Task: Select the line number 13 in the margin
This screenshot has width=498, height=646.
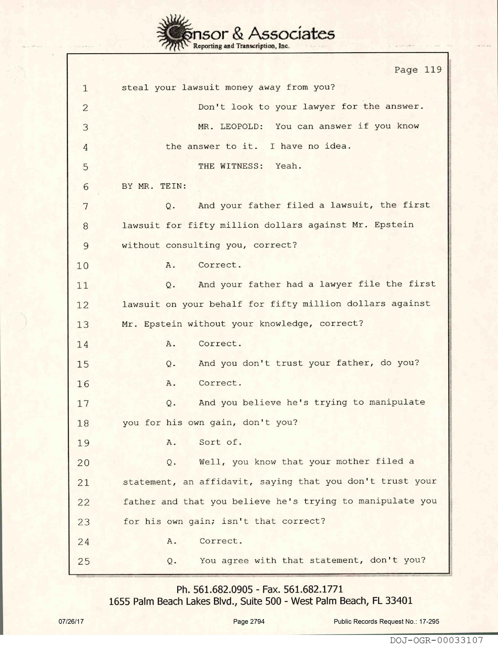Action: point(83,325)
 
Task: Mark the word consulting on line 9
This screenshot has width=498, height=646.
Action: point(193,245)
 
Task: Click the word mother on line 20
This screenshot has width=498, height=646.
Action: point(352,462)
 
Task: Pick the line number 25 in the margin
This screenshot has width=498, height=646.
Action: point(84,561)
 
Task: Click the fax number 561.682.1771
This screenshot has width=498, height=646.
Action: point(313,589)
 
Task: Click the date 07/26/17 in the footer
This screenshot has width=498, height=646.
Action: point(71,621)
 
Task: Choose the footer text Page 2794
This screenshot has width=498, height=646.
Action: point(249,621)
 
